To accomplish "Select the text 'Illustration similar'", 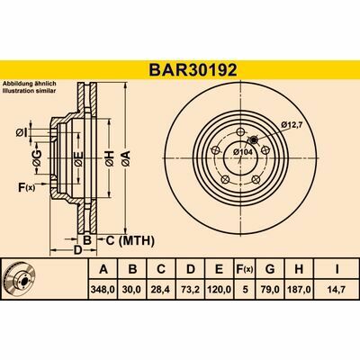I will [31, 93].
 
